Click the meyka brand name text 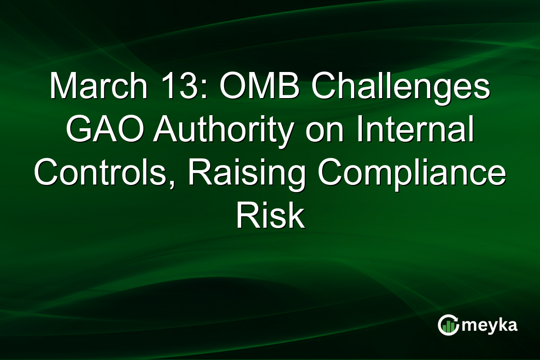click(490, 325)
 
